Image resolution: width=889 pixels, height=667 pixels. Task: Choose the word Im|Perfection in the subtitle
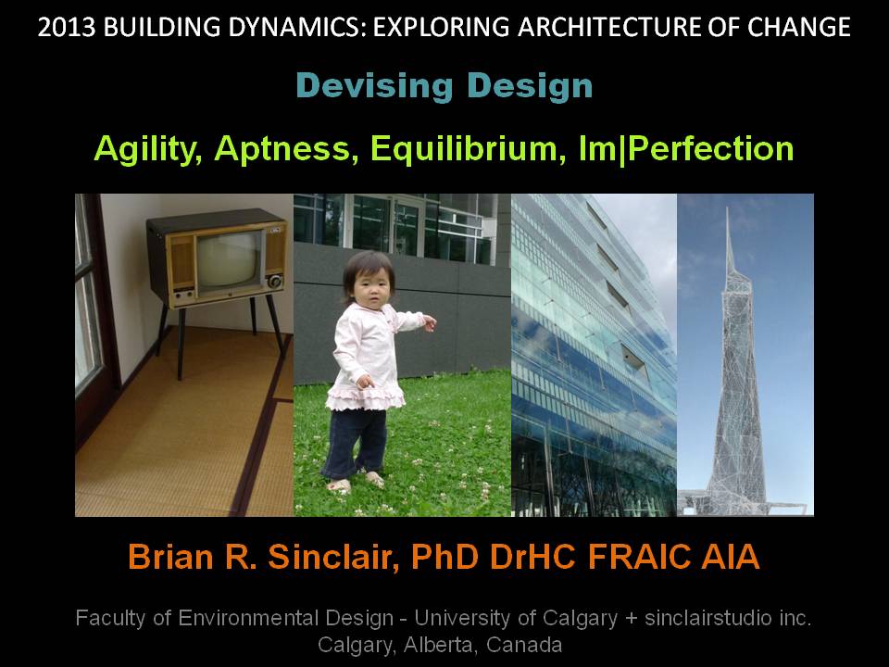685,148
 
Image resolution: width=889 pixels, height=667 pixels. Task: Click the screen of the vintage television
228,259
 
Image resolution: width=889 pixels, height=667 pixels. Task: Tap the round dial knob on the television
275,282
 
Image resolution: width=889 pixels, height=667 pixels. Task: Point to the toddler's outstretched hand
429,323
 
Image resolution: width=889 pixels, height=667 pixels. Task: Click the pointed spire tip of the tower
728,208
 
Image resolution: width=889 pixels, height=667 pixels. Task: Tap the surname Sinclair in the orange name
330,557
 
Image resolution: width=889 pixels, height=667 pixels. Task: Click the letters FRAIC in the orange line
639,557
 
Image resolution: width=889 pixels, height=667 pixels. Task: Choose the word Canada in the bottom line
524,645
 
